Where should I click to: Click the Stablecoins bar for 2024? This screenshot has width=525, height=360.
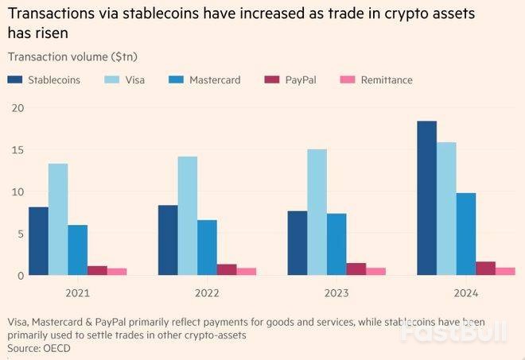426,198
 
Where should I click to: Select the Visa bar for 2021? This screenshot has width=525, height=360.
58,219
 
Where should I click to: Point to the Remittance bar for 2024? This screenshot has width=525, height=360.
505,271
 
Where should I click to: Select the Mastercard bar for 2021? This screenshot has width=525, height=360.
78,250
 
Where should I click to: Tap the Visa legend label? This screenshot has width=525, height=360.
136,80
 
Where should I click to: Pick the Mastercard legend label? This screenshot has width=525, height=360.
215,80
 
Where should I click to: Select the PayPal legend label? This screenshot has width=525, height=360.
301,80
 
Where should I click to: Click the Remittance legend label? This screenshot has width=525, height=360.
387,80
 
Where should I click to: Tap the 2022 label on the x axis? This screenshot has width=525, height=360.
207,292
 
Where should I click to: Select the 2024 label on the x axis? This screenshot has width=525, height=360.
465,292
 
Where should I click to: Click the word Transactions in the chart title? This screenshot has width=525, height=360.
44,13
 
